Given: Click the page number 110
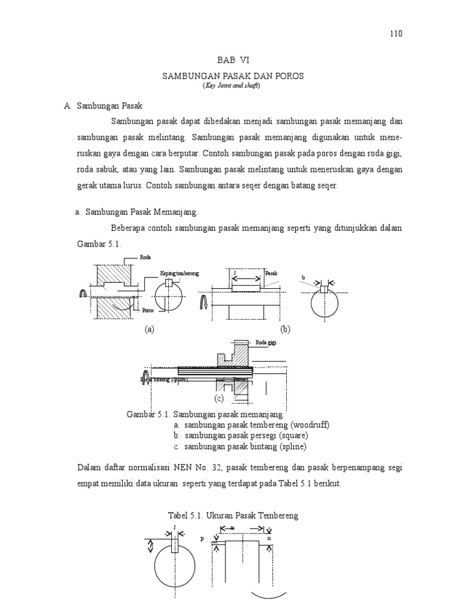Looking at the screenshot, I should pos(396,33).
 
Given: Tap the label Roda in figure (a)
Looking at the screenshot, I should pos(145,257).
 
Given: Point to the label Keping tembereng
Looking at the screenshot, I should pos(179,273).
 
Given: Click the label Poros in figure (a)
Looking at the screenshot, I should pos(148,310).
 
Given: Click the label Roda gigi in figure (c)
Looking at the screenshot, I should pos(266,342).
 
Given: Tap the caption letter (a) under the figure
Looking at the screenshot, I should pos(149,329).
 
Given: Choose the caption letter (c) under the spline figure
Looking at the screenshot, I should pos(219,398).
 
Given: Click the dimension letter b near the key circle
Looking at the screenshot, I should pos(303,278).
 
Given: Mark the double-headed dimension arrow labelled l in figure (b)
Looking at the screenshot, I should pos(245,278).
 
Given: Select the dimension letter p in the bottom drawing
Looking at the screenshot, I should pos(202,538).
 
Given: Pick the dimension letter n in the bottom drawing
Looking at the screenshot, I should pos(270,538).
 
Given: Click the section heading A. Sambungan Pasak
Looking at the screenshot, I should pos(103,106).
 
